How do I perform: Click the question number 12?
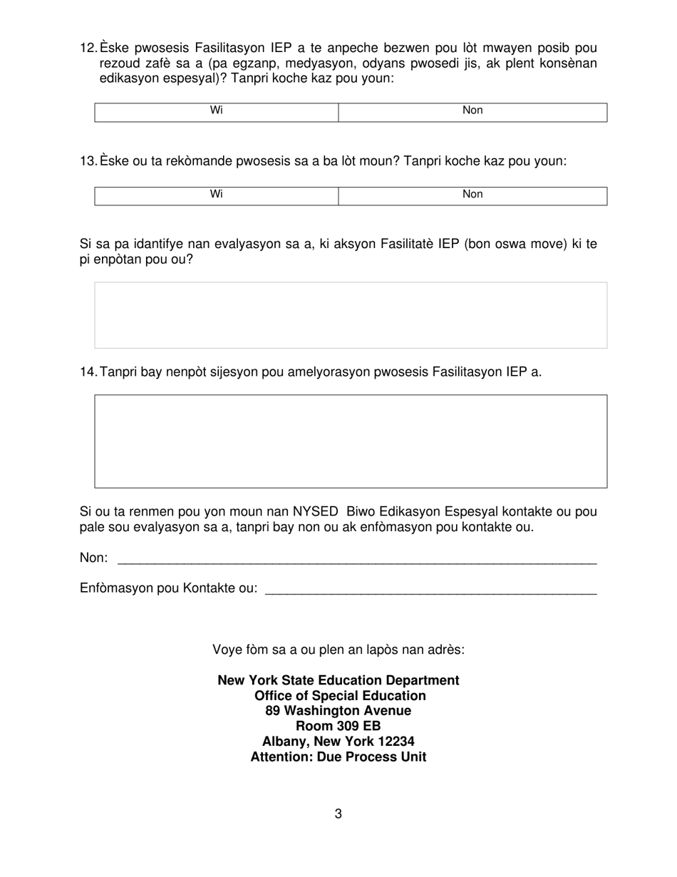coord(88,48)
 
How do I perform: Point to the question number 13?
coord(88,161)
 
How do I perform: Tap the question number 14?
coord(88,371)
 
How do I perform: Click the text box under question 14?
coord(351,441)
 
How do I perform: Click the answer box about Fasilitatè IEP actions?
coord(351,315)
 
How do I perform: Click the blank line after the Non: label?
coord(356,560)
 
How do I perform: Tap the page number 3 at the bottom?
coord(338,814)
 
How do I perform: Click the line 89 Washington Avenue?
coord(338,711)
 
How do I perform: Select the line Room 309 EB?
coord(338,727)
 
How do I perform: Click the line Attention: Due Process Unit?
coord(338,757)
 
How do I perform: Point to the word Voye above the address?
coord(227,650)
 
